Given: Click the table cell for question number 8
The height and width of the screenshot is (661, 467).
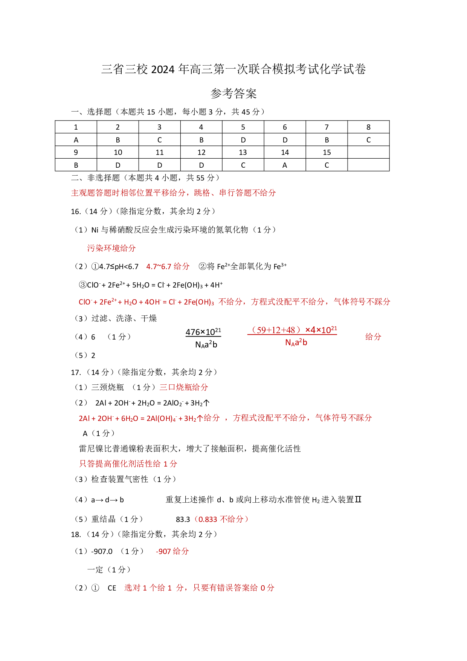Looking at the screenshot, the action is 368,127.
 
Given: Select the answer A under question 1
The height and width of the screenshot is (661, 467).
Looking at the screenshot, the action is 76,140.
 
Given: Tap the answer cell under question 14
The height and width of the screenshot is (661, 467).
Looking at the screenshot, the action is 285,165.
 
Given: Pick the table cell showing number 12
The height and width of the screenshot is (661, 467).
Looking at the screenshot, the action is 201,152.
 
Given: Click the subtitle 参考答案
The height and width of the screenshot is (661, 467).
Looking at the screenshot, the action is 233,93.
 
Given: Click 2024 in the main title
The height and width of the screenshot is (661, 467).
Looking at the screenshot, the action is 163,69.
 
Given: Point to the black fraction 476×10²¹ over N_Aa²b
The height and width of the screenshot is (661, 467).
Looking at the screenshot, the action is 203,338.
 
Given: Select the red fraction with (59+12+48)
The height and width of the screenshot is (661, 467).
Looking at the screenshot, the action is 292,336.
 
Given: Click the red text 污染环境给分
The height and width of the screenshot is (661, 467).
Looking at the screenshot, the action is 111,248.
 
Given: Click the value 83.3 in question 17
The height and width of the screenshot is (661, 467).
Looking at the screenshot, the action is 183,519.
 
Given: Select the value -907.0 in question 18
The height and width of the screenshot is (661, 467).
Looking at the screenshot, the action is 102,551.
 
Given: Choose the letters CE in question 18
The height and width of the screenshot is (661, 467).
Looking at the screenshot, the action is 112,588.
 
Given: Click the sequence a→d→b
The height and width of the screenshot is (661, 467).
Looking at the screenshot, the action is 107,500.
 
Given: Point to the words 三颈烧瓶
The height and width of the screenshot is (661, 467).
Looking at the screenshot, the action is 108,387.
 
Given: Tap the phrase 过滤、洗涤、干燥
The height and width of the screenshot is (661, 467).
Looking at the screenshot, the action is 124,318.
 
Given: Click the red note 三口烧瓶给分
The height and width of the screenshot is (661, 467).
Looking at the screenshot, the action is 184,387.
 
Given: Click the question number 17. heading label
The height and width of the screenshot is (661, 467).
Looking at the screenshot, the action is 76,372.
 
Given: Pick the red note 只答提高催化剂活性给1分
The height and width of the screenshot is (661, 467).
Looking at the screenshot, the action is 128,464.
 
